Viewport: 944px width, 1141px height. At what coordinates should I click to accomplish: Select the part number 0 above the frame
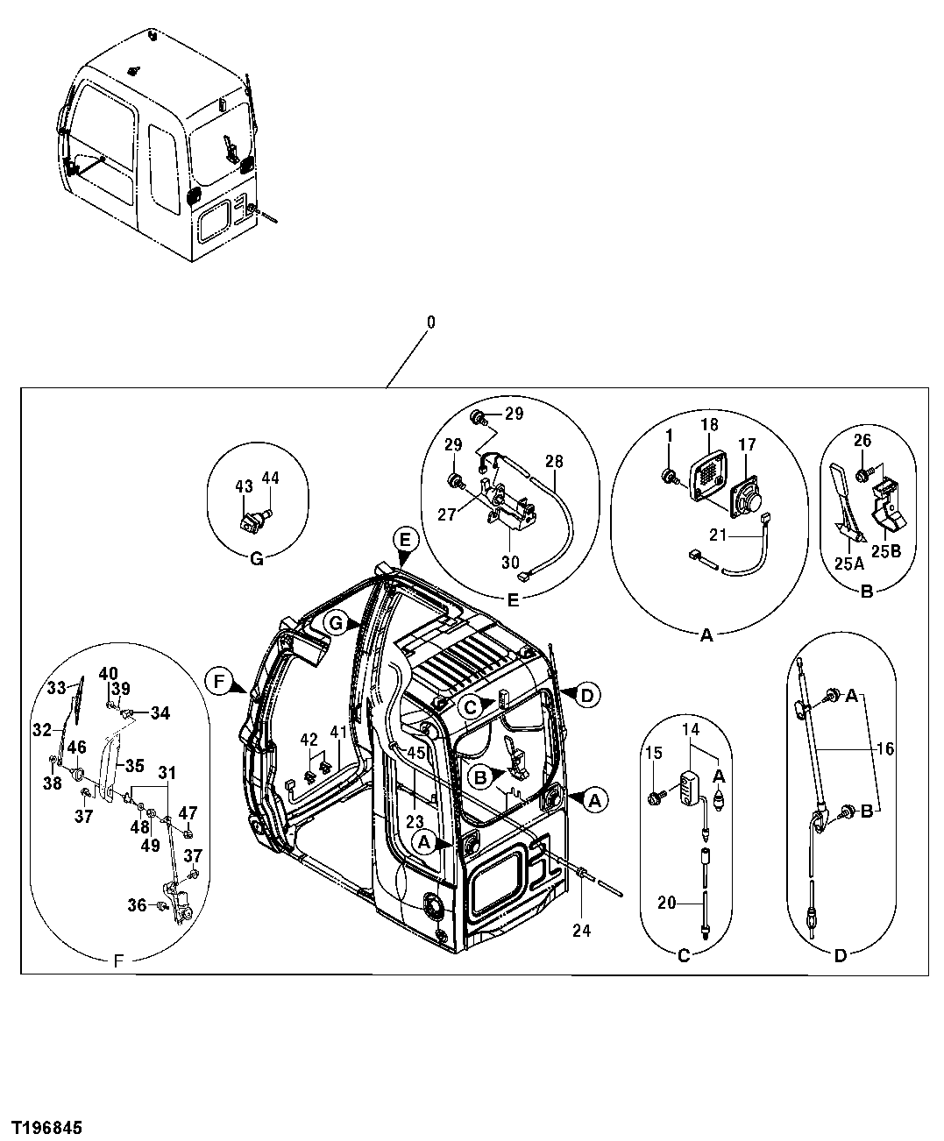click(x=430, y=322)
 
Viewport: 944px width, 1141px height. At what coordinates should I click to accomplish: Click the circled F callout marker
click(x=219, y=679)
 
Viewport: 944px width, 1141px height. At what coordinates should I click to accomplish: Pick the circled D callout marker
click(x=587, y=695)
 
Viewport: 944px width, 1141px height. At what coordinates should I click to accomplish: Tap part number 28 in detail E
click(x=554, y=462)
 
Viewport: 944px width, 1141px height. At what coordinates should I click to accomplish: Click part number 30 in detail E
click(x=510, y=563)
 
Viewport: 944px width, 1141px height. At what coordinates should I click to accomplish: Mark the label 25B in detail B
click(x=884, y=552)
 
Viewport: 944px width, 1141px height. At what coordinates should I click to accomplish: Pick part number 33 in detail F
click(x=56, y=688)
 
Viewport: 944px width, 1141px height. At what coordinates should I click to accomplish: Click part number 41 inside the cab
click(x=339, y=731)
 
